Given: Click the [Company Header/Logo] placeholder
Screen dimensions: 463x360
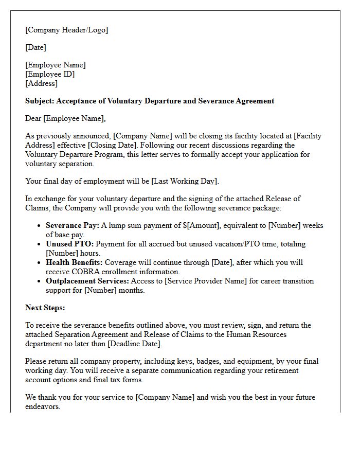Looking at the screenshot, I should [x=67, y=30].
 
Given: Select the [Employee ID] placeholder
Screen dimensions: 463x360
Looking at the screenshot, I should [x=50, y=74].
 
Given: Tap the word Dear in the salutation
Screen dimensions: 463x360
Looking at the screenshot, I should [x=33, y=118].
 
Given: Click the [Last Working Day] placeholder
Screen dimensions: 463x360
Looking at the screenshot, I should [x=185, y=181].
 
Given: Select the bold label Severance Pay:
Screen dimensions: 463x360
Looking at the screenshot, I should [x=72, y=225].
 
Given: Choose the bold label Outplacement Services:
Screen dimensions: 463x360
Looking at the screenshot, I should [x=87, y=281].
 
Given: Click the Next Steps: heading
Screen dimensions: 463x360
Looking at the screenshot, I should [x=45, y=308].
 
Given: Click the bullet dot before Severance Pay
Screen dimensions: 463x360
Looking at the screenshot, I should [x=40, y=226].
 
